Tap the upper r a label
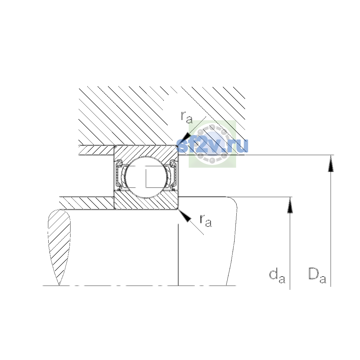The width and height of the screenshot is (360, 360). click(187, 118)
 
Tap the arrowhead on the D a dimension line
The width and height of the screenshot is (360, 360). click(331, 163)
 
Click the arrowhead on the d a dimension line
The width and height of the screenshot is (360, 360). click(290, 205)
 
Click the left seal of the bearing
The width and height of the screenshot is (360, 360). click(119, 175)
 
